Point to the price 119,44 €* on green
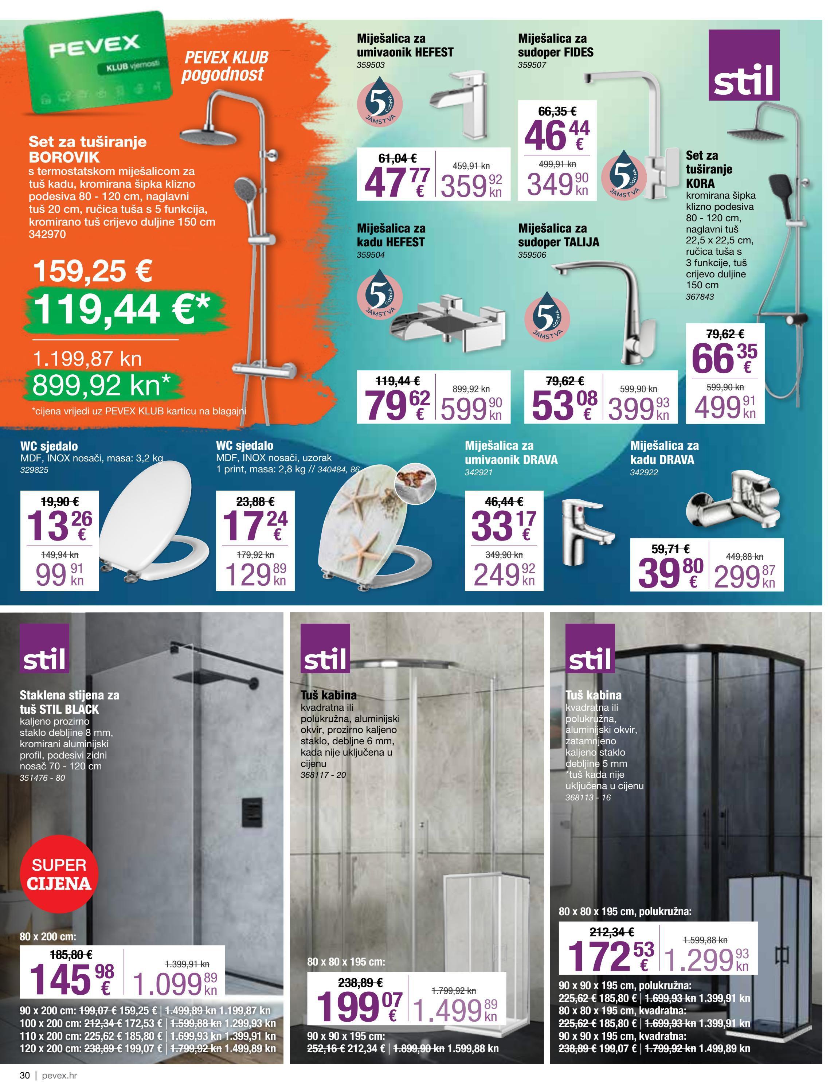point(122,308)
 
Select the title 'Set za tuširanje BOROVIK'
point(87,149)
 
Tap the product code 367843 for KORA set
point(700,296)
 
